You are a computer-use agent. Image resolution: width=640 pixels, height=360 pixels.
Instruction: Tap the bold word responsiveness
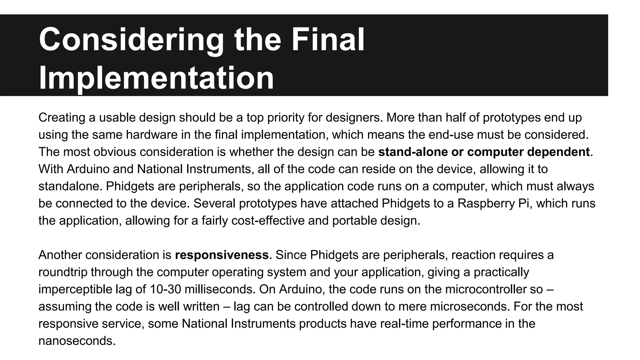[x=222, y=255]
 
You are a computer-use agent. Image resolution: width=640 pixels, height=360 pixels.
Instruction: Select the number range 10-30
[x=165, y=289]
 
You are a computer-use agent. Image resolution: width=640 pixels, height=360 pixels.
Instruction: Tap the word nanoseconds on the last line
[x=77, y=341]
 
